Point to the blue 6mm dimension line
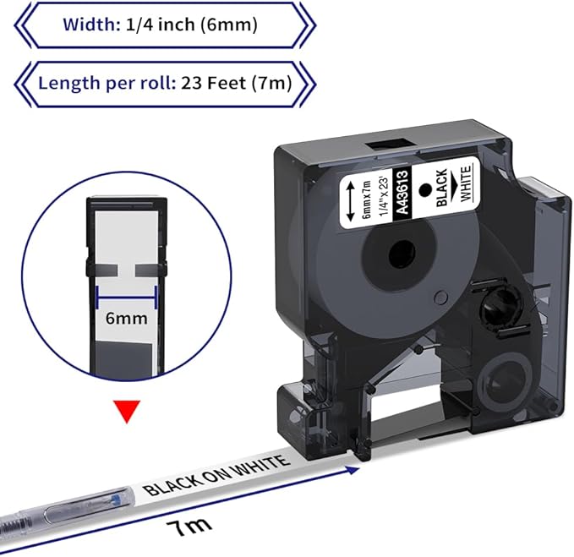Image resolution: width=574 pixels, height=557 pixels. pos(127,295)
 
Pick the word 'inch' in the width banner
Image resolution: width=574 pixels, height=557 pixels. pos(174,25)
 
